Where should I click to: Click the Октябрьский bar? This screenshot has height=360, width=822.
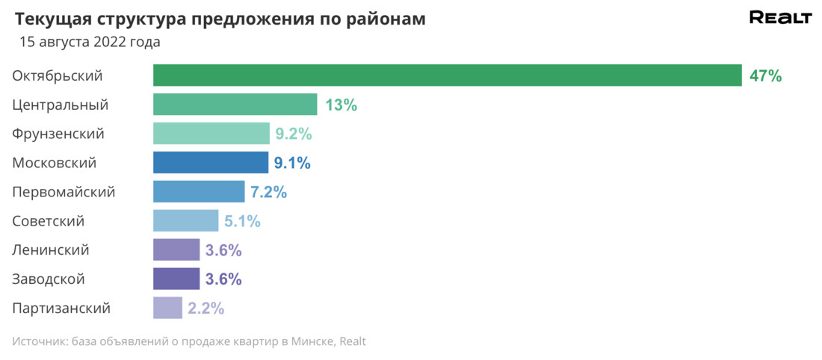click(447, 75)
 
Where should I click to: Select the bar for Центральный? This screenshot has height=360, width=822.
click(235, 105)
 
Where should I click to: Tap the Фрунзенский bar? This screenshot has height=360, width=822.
click(211, 134)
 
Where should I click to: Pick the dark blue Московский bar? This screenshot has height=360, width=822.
click(210, 163)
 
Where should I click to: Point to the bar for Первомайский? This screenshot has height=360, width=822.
click(199, 192)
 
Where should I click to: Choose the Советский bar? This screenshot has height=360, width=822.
click(185, 221)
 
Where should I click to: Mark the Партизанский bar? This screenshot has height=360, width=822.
click(167, 308)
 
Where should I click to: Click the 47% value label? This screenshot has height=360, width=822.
click(765, 76)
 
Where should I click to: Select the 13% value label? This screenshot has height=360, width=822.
click(341, 105)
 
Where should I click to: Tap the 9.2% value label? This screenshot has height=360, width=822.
click(293, 134)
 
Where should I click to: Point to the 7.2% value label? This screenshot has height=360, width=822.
click(268, 193)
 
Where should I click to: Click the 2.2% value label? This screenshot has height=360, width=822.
click(205, 308)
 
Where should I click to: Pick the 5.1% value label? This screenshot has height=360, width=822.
click(242, 222)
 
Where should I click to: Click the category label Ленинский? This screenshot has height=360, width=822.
click(51, 250)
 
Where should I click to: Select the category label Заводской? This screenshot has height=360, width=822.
click(49, 279)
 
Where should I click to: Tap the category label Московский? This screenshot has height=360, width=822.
click(55, 163)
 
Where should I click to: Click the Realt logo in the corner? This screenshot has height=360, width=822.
click(780, 19)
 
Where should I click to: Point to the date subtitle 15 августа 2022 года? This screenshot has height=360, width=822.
click(90, 43)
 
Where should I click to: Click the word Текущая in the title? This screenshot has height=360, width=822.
click(50, 19)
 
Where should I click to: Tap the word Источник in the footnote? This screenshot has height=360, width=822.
click(38, 341)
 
